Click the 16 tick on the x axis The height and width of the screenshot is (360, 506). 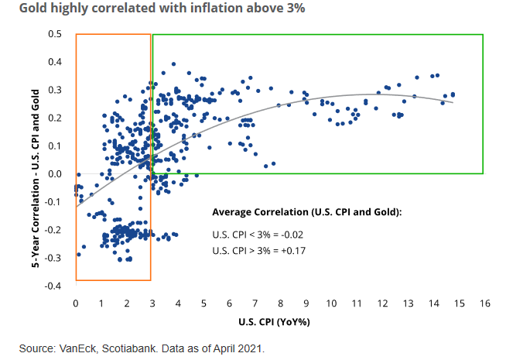[x=485, y=303]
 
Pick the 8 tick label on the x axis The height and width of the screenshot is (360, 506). [x=281, y=303]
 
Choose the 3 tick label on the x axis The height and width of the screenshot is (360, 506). [x=152, y=303]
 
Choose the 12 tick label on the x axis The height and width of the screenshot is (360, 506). [x=383, y=303]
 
